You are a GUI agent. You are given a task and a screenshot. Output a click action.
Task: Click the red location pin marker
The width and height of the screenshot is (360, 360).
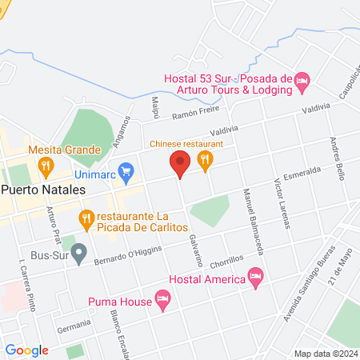point(179,166)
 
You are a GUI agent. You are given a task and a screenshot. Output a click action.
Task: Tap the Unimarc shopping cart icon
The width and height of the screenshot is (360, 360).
point(126,170)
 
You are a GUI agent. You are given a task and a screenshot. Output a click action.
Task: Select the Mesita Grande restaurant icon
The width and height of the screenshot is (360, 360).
point(46,167)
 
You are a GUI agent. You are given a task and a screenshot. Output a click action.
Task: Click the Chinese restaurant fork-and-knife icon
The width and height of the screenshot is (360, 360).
point(206,160)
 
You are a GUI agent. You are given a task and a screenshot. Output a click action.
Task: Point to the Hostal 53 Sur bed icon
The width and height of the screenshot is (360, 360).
point(302,80)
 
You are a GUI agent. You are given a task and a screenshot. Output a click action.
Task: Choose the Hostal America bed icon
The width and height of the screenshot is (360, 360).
point(256,278)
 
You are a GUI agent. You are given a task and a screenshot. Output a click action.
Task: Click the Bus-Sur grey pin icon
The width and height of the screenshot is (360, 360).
point(78,254)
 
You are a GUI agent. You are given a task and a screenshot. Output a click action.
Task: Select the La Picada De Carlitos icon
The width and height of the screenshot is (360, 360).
point(86,217)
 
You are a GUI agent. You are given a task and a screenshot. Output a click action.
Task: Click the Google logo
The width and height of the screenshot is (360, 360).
point(27,350)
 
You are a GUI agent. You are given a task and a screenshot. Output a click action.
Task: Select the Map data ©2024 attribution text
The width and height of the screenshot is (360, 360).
point(325,354)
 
